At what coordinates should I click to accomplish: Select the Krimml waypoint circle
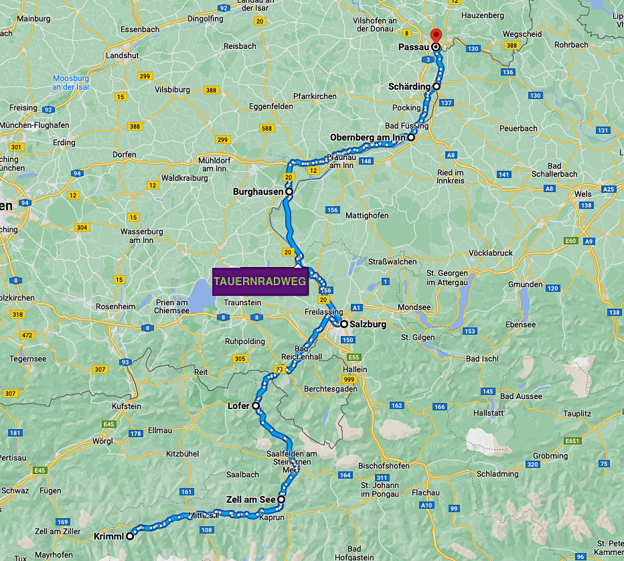pyautogui.click(x=131, y=536)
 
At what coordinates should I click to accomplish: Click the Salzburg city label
pyautogui.click(x=368, y=325)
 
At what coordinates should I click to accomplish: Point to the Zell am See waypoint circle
pyautogui.click(x=281, y=499)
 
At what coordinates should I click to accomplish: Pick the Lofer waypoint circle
pyautogui.click(x=256, y=406)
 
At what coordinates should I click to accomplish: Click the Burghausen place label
pyautogui.click(x=258, y=192)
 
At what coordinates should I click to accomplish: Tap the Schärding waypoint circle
pyautogui.click(x=436, y=86)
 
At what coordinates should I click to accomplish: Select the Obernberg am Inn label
pyautogui.click(x=368, y=138)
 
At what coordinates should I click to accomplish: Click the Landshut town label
pyautogui.click(x=122, y=55)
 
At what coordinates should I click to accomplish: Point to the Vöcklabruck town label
pyautogui.click(x=490, y=253)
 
